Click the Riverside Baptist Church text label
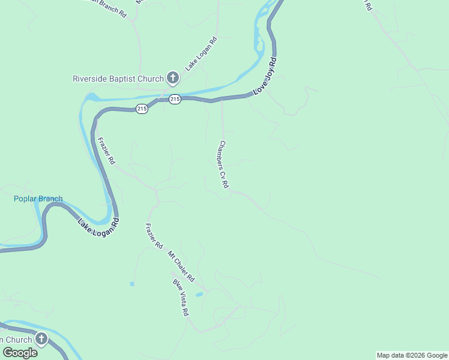pos(118,79)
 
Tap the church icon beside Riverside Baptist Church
pos(173,78)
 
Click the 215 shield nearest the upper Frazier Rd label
pos(142,109)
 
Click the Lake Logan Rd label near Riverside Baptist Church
pos(200,54)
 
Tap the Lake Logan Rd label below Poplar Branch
pos(98,227)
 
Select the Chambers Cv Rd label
pos(224,164)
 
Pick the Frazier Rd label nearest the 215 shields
pos(106,152)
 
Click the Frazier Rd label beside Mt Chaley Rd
pos(154,236)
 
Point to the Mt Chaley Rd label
pos(181,267)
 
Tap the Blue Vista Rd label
pos(181,298)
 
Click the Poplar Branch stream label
pos(38,199)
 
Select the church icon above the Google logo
pos(41,339)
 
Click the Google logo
pos(20,353)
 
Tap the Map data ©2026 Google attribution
pos(412,355)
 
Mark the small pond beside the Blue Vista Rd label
pos(199,295)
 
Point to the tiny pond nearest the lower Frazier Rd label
pos(131,283)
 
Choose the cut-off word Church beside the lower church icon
pos(16,339)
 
